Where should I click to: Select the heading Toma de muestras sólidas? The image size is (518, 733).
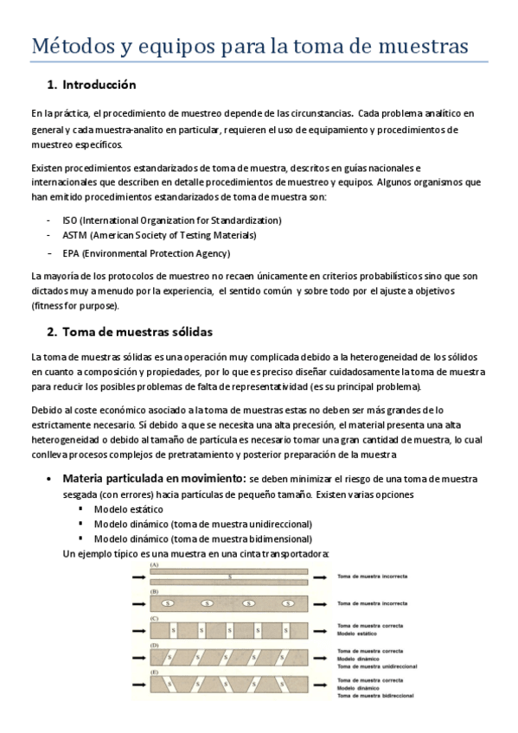[x=137, y=331]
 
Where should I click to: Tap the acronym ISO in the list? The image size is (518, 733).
[x=70, y=220]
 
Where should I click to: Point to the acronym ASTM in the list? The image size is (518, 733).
[x=74, y=235]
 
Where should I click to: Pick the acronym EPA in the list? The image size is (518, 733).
[x=71, y=253]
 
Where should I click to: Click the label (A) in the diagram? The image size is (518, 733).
[x=154, y=564]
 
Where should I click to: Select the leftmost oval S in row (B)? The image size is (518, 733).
[x=168, y=602]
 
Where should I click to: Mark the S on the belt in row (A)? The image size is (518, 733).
[x=229, y=576]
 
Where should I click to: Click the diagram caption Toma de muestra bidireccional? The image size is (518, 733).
[x=375, y=695]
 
